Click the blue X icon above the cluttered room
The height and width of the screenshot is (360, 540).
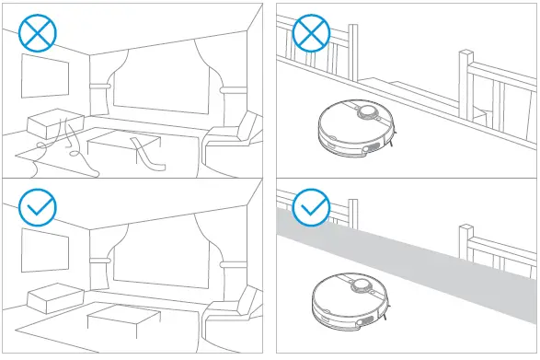38,34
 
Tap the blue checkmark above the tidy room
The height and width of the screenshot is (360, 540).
38,208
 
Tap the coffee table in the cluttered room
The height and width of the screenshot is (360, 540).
124,143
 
